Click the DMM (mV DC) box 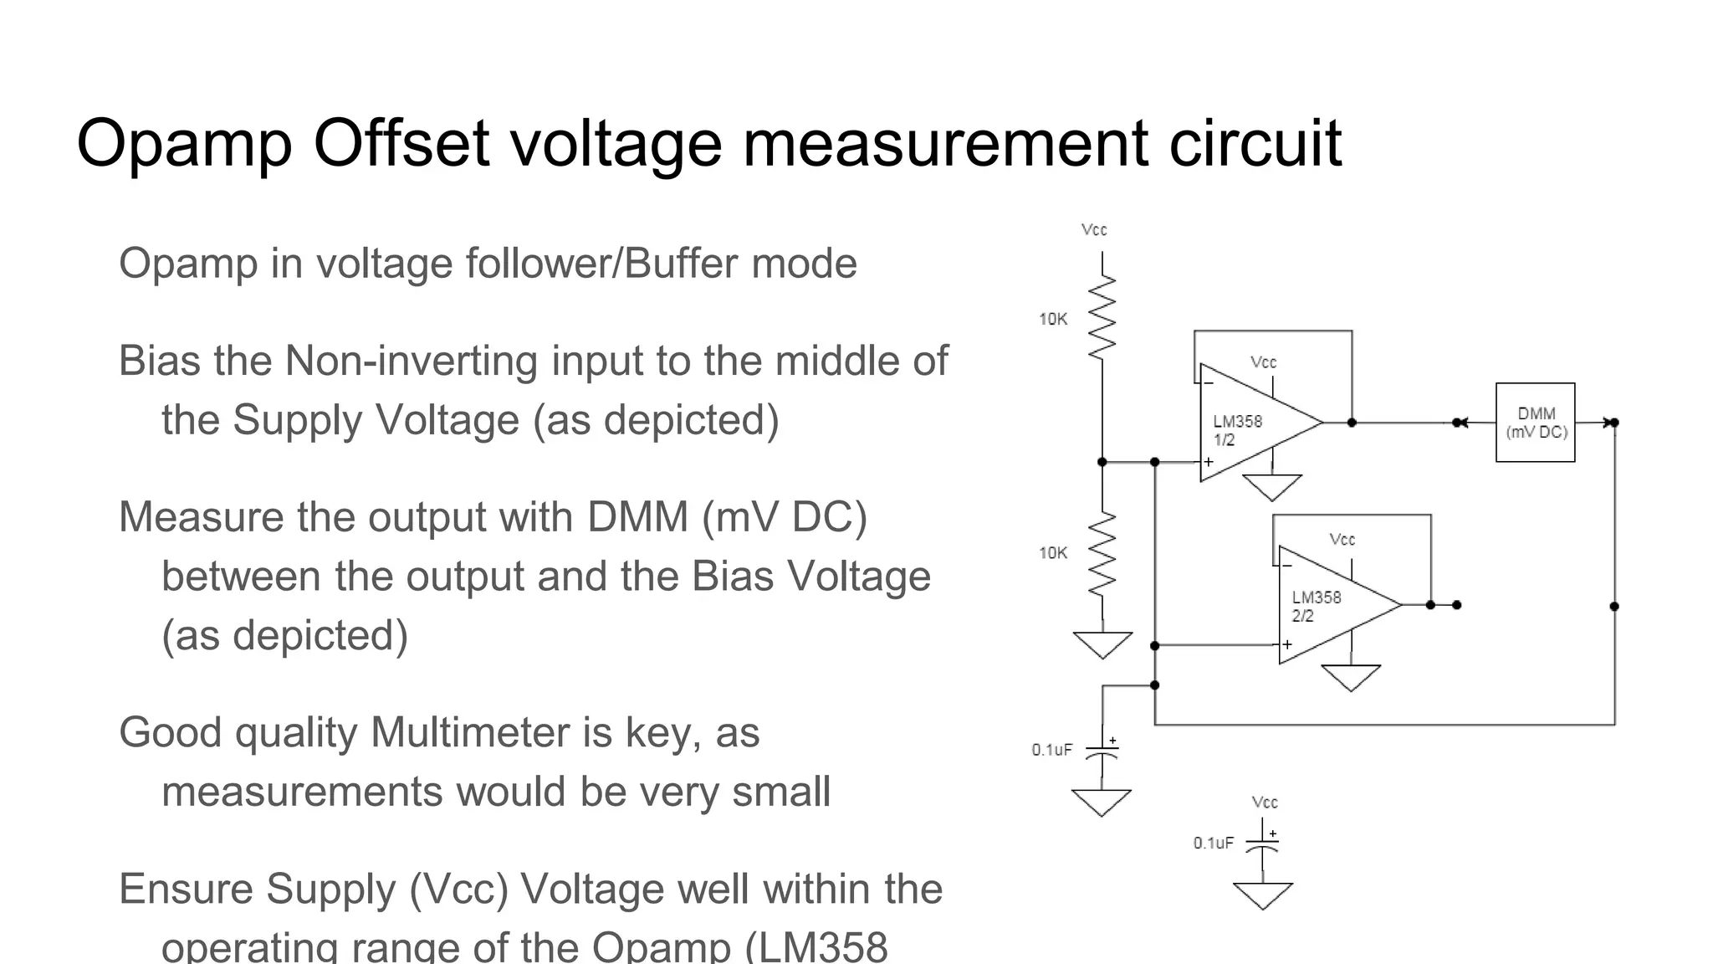(1535, 423)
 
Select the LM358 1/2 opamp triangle (1250, 423)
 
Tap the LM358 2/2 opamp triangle (1330, 605)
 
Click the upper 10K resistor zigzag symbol (1102, 318)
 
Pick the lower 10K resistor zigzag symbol (1102, 553)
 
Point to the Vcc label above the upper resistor (1094, 229)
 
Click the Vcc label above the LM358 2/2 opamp (1342, 540)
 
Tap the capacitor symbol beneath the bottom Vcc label (1262, 845)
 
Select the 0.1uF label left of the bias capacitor (1051, 750)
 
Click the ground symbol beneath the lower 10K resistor (1102, 644)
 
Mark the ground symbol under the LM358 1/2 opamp (1272, 486)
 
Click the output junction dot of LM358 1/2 (1352, 423)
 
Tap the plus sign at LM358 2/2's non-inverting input (1287, 644)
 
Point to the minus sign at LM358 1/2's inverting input (1208, 383)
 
